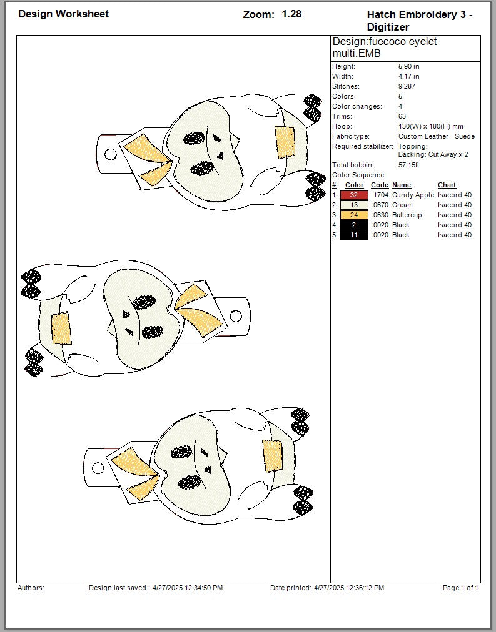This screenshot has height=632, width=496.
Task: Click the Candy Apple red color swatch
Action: point(354,195)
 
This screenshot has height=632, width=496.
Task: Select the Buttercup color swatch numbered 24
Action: point(354,215)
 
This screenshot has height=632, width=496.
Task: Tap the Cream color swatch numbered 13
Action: point(354,205)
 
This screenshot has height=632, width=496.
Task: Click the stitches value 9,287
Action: point(407,86)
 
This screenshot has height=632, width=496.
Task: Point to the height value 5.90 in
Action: point(409,66)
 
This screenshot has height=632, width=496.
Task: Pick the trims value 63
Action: point(402,117)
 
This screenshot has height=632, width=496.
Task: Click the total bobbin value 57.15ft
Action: point(409,165)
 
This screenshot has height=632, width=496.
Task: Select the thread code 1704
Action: point(380,195)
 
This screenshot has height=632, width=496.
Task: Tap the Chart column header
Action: point(447,185)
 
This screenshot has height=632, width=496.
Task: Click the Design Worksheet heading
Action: point(63,14)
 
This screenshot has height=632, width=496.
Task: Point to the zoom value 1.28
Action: point(291,14)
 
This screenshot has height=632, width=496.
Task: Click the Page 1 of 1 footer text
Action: point(460,588)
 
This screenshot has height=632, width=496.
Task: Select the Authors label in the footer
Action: point(31,588)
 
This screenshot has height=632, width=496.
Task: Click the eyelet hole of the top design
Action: point(110,154)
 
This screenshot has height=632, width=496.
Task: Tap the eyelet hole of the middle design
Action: point(236,315)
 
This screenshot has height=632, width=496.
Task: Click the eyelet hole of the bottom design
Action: point(98,468)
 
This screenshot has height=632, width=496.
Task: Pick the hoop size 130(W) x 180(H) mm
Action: point(430,127)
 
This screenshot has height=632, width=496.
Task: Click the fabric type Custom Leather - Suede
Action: point(437,137)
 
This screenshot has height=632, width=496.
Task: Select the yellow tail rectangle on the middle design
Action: point(61,328)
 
